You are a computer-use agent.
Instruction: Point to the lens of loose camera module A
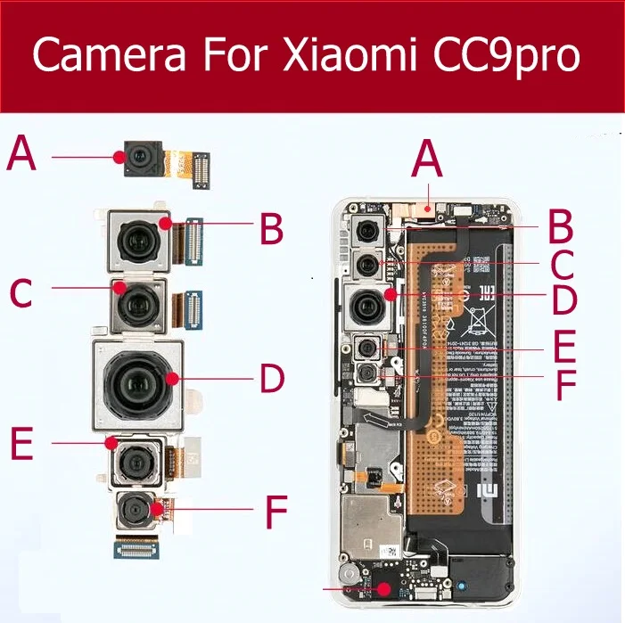click(x=137, y=159)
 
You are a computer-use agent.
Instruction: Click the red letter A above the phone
click(x=429, y=165)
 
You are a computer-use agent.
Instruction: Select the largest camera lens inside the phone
click(x=366, y=305)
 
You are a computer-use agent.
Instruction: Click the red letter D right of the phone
click(x=563, y=299)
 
